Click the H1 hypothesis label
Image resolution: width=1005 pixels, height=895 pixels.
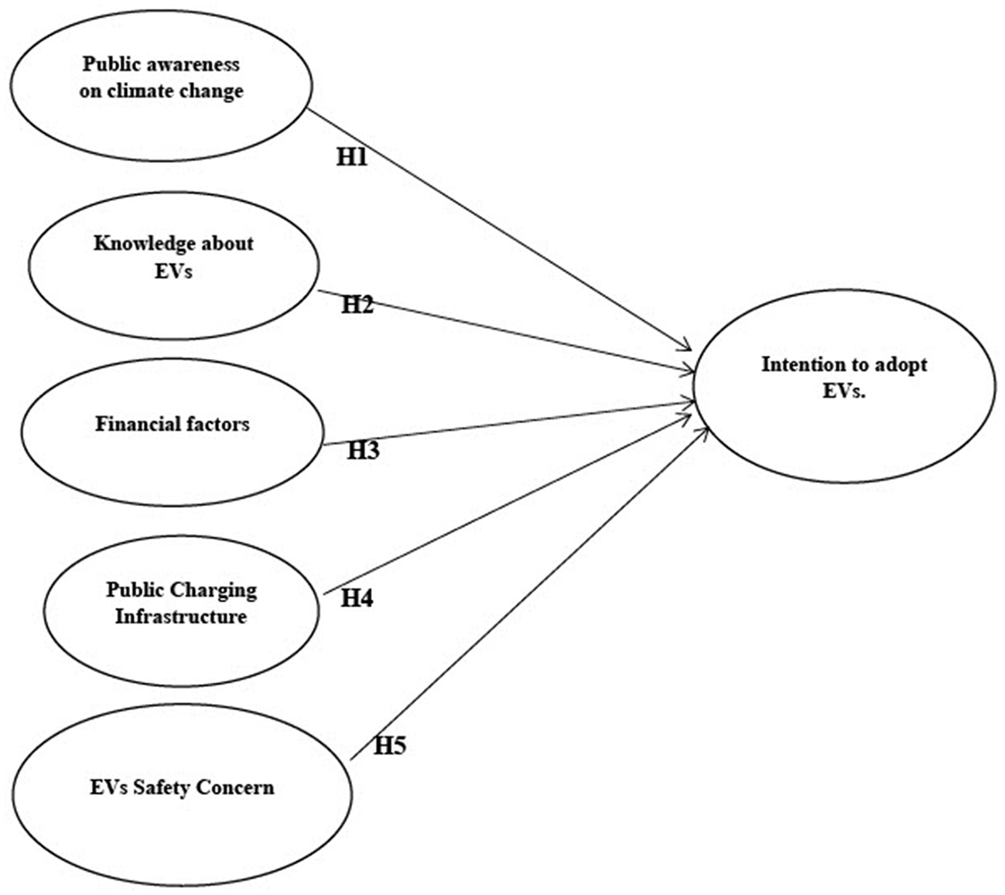(x=351, y=157)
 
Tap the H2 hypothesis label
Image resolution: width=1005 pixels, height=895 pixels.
(x=357, y=305)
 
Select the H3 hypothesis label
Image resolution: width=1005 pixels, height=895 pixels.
(x=363, y=450)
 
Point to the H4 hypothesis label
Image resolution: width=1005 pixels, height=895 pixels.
(x=357, y=598)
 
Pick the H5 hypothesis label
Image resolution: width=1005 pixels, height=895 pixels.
(x=391, y=746)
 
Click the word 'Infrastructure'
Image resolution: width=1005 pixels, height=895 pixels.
(x=181, y=617)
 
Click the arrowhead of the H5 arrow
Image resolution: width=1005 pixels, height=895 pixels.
(x=704, y=430)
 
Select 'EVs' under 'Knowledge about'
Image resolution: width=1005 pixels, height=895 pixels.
(x=173, y=271)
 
